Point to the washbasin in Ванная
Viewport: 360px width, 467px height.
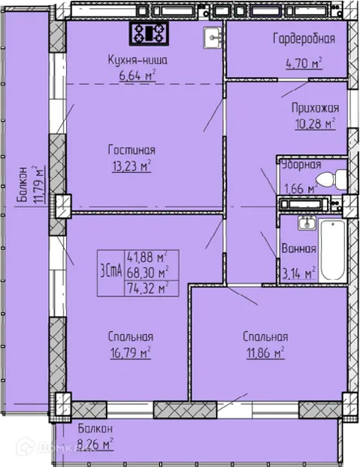[x=306, y=223]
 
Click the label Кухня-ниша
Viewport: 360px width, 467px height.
[x=138, y=60]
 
